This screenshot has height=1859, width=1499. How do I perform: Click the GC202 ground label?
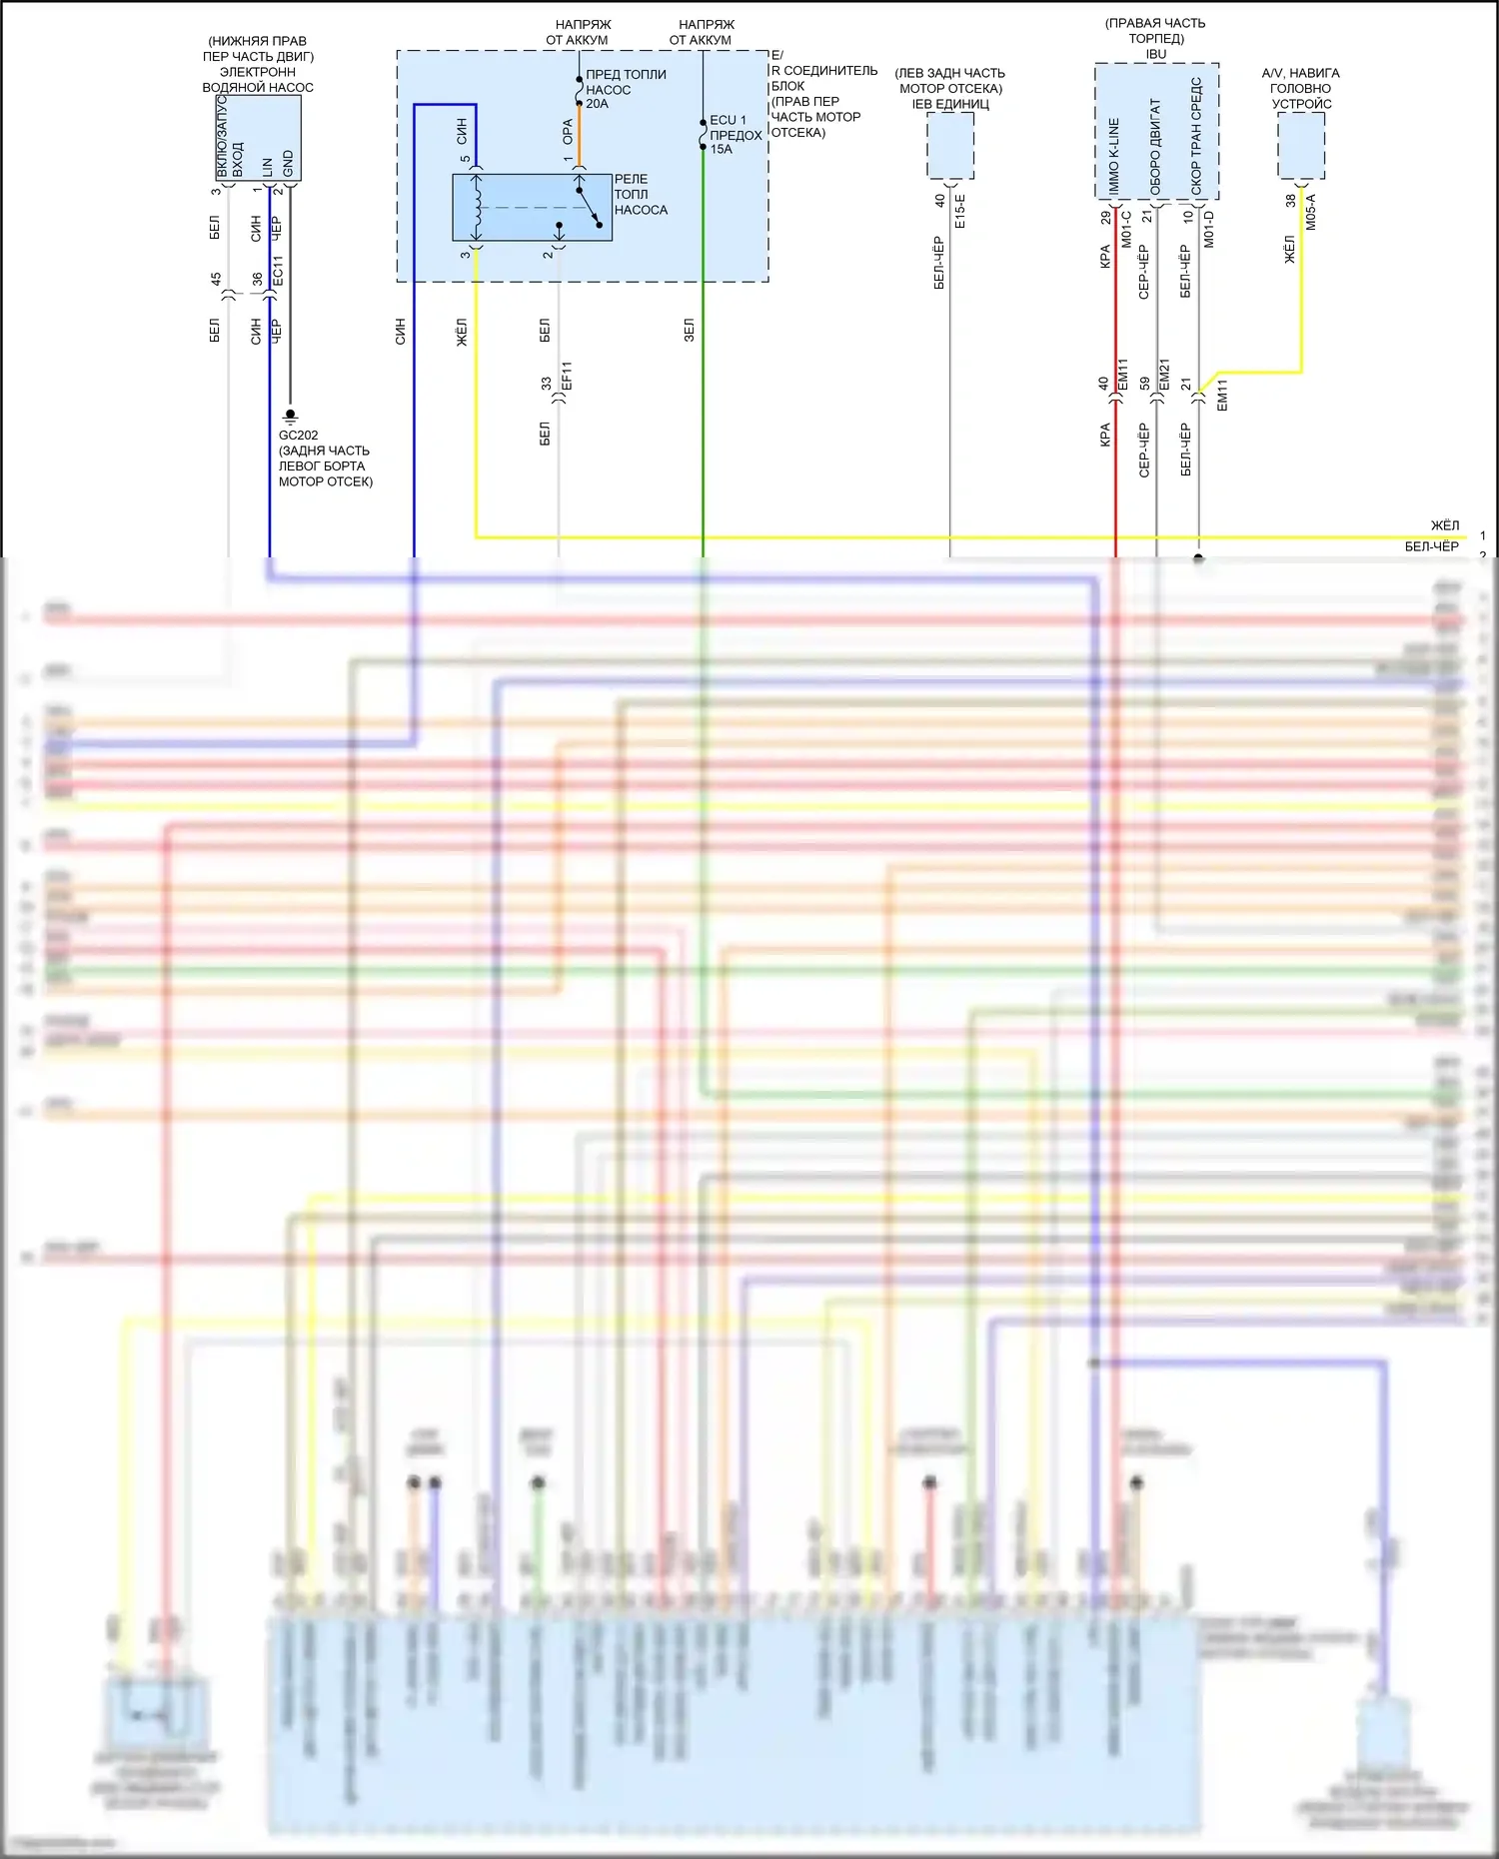[298, 436]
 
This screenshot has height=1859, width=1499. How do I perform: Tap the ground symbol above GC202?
[291, 415]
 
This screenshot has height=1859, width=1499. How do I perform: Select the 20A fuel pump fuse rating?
[597, 104]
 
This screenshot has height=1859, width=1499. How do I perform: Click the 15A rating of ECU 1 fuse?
[721, 150]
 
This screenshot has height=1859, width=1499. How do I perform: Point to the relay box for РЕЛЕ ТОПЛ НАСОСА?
[532, 208]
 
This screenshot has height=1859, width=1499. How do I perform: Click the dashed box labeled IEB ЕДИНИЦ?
[950, 145]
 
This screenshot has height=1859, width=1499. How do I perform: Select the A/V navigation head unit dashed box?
[1301, 146]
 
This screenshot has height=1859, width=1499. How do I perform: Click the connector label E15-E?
[960, 212]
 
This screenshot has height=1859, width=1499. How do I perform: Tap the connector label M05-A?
[1311, 212]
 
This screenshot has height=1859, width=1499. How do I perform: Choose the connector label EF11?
[567, 377]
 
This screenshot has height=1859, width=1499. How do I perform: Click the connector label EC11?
[278, 271]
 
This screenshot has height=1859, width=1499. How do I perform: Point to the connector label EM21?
[1164, 375]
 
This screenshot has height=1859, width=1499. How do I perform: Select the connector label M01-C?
[1126, 229]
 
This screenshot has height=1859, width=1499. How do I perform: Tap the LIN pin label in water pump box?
[267, 167]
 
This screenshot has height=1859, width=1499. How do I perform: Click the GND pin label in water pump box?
[288, 164]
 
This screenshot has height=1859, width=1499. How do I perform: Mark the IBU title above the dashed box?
[1156, 54]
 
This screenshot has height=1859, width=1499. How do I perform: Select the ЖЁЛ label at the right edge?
[1444, 525]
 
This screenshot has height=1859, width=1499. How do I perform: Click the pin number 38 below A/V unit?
[1290, 201]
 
